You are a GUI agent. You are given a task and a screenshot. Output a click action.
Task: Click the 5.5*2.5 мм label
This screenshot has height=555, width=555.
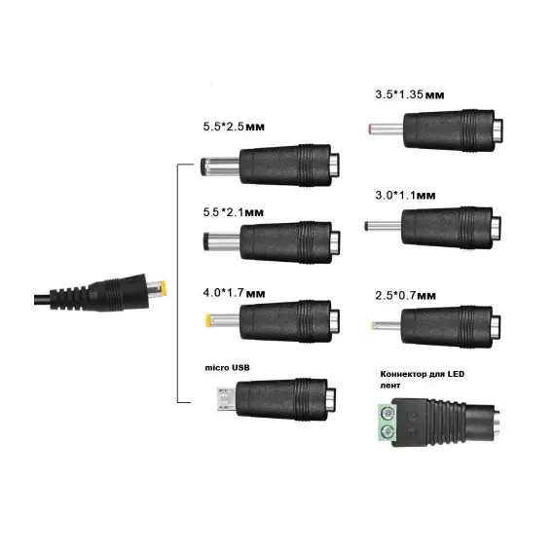click(x=234, y=127)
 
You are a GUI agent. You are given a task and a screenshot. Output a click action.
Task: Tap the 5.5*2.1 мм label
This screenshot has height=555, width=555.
click(x=234, y=212)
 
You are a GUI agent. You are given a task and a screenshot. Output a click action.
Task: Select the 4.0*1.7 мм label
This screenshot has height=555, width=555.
click(x=234, y=293)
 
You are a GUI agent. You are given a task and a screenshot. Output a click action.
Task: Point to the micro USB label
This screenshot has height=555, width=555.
click(x=227, y=368)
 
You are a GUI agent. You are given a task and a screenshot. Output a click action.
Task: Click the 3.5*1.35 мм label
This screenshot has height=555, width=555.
click(x=410, y=94)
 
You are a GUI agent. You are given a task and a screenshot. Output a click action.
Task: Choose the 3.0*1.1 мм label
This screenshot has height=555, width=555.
click(x=405, y=195)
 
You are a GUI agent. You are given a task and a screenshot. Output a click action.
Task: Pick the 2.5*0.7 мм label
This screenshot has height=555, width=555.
click(x=406, y=296)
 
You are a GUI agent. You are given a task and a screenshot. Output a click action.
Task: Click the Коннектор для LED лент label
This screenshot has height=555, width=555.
click(x=422, y=380)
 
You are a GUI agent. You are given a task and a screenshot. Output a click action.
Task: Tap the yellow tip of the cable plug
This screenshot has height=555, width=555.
click(x=163, y=289)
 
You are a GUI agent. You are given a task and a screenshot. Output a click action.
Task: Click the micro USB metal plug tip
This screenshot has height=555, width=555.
click(x=227, y=399)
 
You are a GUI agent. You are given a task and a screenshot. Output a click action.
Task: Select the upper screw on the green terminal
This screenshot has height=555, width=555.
click(x=388, y=413)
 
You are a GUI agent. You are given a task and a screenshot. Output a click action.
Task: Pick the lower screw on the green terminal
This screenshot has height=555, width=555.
click(x=388, y=430)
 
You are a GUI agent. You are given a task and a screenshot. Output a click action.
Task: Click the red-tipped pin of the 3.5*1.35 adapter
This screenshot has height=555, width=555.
click(x=386, y=129)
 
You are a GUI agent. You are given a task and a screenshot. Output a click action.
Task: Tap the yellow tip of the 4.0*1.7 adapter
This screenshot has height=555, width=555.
click(x=208, y=320)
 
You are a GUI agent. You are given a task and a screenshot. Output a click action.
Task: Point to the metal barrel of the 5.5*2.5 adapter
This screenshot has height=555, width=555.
click(x=220, y=166)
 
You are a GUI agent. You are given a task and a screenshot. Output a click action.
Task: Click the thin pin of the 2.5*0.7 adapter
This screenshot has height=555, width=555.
click(x=386, y=325)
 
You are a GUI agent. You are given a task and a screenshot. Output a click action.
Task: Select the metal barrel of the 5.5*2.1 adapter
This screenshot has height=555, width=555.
click(x=222, y=241)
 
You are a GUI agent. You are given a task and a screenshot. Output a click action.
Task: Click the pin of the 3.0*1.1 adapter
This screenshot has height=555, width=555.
click(x=383, y=226)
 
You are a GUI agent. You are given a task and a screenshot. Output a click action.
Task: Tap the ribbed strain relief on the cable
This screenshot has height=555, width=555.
click(x=69, y=298)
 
